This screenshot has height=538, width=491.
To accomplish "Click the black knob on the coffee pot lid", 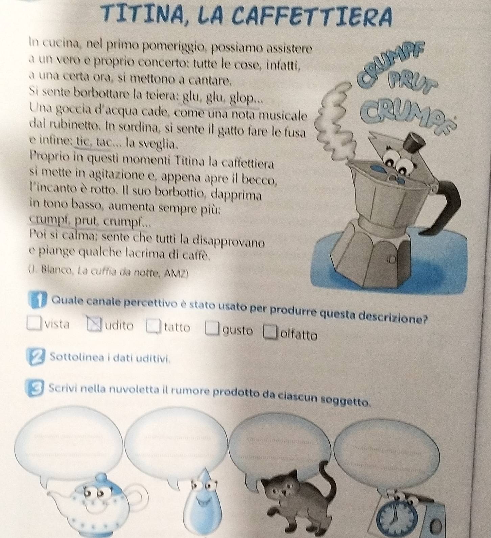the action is tap(414, 143).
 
